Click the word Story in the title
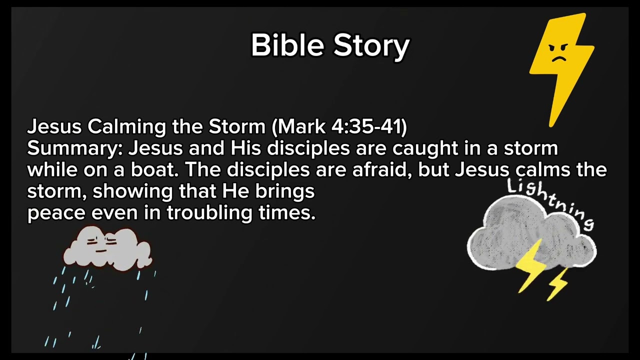click(371, 46)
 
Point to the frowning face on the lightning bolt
click(559, 52)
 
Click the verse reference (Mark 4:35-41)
click(339, 127)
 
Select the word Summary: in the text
click(75, 148)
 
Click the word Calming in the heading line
click(127, 127)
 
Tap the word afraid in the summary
click(382, 170)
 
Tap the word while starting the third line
click(50, 170)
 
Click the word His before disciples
click(245, 148)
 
